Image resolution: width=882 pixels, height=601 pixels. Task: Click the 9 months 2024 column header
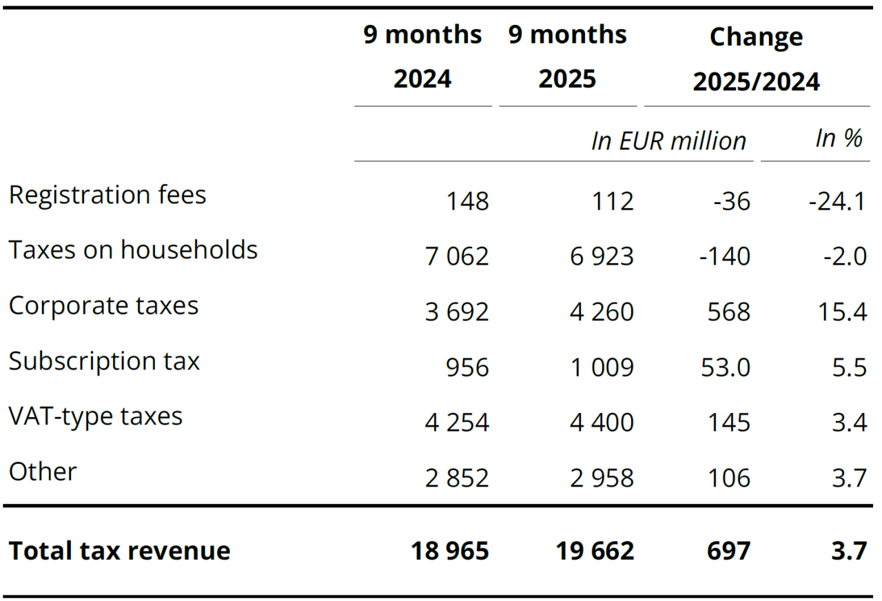423,57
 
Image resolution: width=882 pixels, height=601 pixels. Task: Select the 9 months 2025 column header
568,57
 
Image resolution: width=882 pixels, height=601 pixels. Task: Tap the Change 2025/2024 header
756,59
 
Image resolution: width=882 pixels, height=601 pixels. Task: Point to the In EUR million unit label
668,141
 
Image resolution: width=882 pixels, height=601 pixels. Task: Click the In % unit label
839,139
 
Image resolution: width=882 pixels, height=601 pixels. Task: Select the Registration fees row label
107,195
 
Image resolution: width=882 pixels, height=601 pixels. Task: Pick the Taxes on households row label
133,249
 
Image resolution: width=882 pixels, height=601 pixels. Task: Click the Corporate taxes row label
103,305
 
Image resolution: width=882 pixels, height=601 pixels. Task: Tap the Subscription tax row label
104,360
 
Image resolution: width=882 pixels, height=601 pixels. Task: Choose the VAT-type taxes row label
96,416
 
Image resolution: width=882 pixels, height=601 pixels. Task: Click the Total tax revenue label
119,551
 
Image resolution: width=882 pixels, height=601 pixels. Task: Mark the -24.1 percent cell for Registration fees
837,202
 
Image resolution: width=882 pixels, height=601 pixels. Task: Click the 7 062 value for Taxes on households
457,256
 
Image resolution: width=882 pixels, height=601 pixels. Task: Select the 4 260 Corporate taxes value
602,312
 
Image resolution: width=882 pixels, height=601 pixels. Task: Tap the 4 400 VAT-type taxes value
602,422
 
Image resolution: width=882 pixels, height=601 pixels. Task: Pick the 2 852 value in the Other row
457,478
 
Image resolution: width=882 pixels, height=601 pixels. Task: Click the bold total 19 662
595,551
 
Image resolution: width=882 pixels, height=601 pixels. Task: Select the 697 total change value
728,551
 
